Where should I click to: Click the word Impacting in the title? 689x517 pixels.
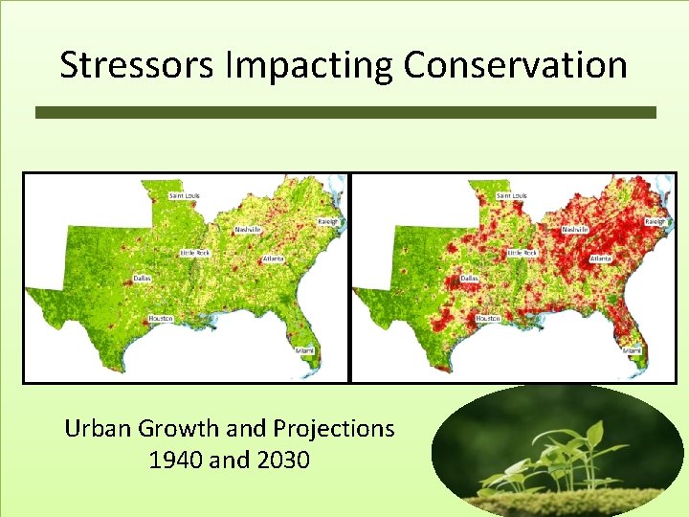coord(290,65)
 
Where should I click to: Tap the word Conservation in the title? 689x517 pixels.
coord(515,65)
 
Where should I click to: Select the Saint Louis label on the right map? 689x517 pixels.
coord(511,195)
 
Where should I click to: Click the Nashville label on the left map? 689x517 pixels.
coord(248,230)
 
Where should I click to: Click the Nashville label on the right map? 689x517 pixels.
coord(575,230)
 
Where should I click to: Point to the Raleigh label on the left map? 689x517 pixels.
coord(328,221)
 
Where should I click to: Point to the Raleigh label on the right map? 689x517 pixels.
coord(655,221)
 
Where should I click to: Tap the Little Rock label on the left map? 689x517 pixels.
coord(196,253)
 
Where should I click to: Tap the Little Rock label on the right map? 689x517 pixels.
coord(522,253)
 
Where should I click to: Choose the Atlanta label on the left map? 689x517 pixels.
coord(274,258)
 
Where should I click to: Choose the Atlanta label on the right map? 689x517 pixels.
coord(601,258)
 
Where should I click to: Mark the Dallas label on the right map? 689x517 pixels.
coord(469,279)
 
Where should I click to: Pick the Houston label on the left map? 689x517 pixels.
coord(160,317)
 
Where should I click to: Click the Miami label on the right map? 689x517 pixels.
coord(633,351)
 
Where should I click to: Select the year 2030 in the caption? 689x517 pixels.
coord(283,461)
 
